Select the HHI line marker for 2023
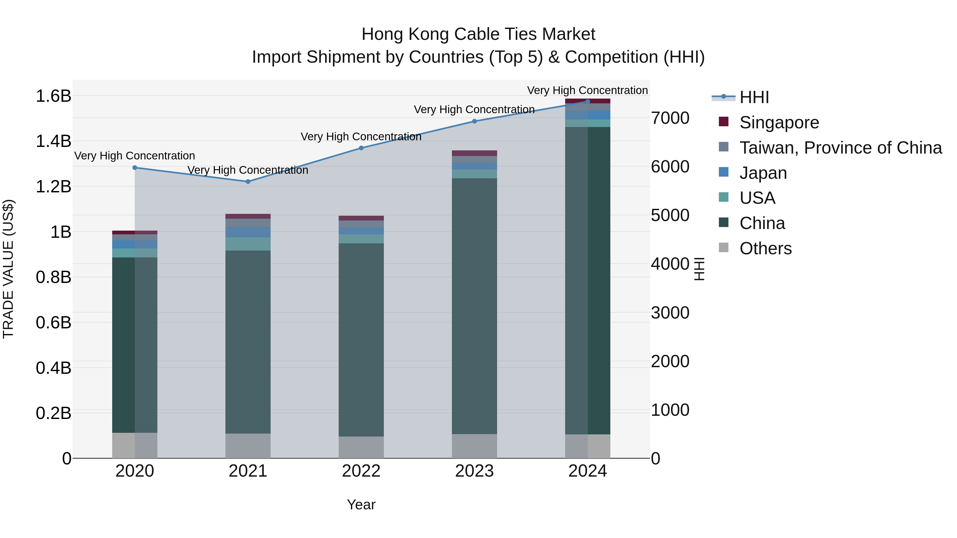(475, 121)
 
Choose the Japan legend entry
(763, 173)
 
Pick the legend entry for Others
(765, 248)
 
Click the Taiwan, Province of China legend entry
(840, 148)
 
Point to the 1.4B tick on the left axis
(53, 141)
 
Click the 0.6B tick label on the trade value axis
(53, 322)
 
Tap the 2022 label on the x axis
(361, 471)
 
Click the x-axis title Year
(361, 505)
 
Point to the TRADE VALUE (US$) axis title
(8, 269)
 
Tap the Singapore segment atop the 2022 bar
(361, 218)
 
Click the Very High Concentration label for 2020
(135, 156)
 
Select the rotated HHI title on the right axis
(699, 269)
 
